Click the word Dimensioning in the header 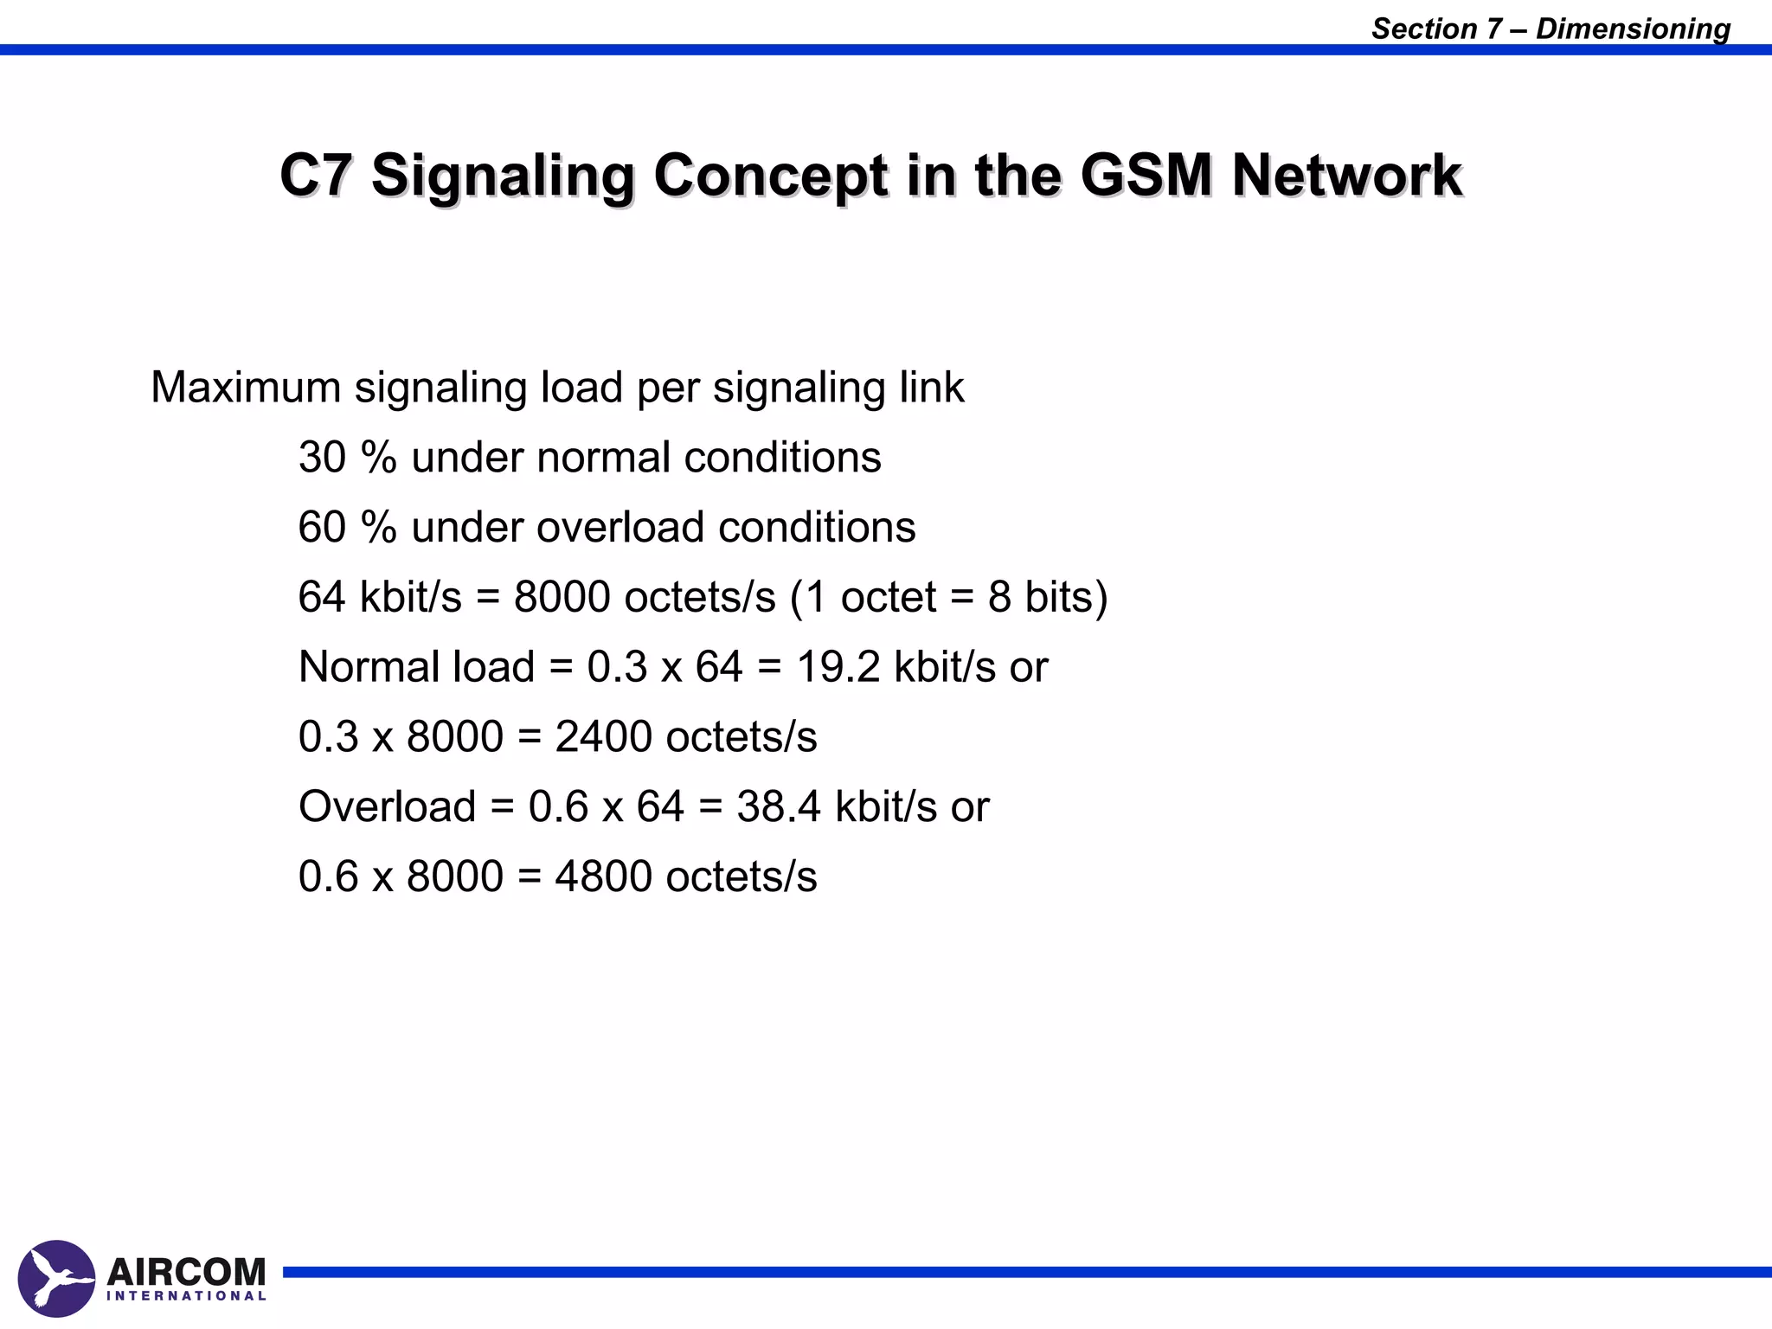coord(1633,29)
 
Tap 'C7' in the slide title coord(316,175)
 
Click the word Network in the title coord(1346,175)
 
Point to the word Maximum coord(246,387)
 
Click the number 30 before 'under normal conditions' coord(322,457)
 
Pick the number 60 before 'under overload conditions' coord(322,527)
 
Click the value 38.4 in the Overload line coord(778,806)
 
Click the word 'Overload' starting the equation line coord(387,806)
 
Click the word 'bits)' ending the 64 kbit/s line coord(1066,597)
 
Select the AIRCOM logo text coord(186,1272)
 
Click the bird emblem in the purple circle coord(56,1279)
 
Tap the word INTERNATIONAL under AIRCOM coord(186,1296)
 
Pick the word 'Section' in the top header coord(1424,29)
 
